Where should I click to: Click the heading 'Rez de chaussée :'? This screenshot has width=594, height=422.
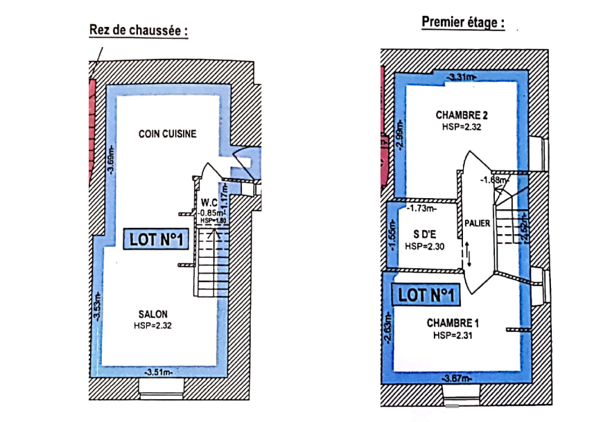pyautogui.click(x=139, y=31)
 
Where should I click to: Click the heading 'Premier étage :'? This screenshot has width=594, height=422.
pyautogui.click(x=462, y=22)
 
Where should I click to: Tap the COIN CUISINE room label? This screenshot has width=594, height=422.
pyautogui.click(x=167, y=134)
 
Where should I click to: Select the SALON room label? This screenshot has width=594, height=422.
pyautogui.click(x=153, y=313)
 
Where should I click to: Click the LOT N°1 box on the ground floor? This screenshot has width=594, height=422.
pyautogui.click(x=156, y=240)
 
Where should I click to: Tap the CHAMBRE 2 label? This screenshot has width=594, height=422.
pyautogui.click(x=460, y=114)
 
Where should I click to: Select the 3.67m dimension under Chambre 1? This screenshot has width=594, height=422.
pyautogui.click(x=457, y=378)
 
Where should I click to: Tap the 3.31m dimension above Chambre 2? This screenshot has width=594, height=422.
pyautogui.click(x=461, y=77)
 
